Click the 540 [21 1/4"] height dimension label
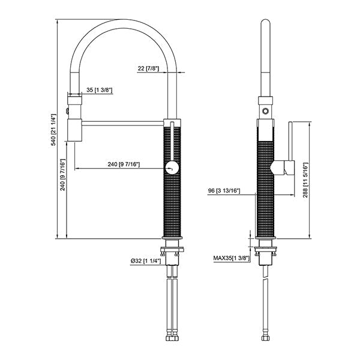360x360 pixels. coord(53,130)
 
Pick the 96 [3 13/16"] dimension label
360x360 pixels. coord(223,191)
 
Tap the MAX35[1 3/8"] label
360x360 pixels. coord(231,259)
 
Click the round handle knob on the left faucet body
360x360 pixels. coord(172,168)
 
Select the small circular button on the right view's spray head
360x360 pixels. coord(265,111)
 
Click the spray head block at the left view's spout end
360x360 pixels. coord(74,129)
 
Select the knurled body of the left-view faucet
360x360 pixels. coord(172,204)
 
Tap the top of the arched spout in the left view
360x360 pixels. coord(123,23)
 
